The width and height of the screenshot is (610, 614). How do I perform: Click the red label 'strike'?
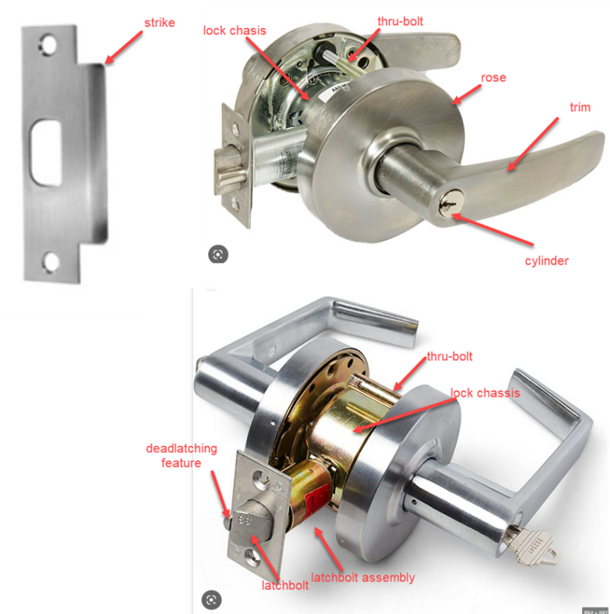click(x=159, y=22)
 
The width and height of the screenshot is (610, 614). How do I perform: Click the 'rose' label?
click(x=493, y=78)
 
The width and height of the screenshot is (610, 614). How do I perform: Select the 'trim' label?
click(x=580, y=107)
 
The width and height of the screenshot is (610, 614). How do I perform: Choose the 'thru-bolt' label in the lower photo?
click(x=450, y=357)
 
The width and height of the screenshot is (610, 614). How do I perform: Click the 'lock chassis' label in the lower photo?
click(x=485, y=393)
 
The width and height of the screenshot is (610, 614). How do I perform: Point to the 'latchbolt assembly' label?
click(x=363, y=577)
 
